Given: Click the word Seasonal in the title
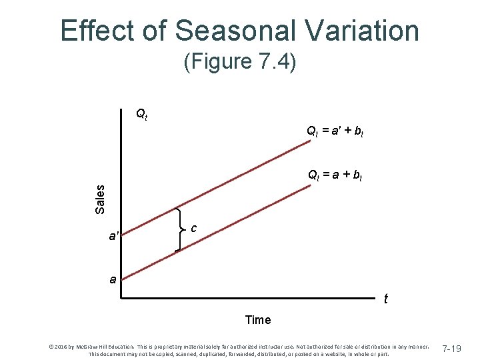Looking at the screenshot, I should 225,31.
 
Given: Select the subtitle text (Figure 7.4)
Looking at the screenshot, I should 239,63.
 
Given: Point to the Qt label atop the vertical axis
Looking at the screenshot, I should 142,114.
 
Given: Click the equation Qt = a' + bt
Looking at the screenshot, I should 334,132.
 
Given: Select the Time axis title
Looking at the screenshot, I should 258,320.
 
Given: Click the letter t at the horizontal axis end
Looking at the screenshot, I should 385,299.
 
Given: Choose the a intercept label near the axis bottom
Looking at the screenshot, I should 114,280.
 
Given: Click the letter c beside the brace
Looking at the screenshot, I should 193,228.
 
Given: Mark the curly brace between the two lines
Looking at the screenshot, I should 180,229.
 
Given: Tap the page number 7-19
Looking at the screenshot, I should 452,349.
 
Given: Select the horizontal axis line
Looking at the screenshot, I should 253,300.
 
